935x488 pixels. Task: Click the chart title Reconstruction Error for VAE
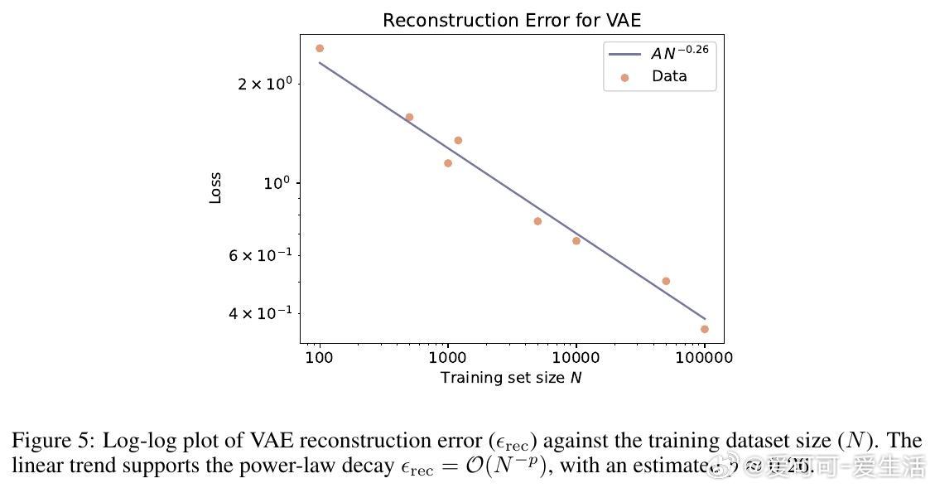coord(512,21)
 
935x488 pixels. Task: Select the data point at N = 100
coord(320,49)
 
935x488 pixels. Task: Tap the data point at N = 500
coord(409,118)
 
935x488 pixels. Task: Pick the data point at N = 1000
coord(448,163)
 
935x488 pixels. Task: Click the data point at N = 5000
coord(537,221)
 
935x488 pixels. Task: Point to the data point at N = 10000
coord(576,241)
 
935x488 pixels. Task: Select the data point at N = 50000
coord(666,282)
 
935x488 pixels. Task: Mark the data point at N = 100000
coord(705,329)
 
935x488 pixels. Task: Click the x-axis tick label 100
coord(320,358)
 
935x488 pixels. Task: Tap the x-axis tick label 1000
coord(448,358)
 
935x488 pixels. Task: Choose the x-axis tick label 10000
coord(576,358)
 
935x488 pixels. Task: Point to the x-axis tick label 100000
coord(704,358)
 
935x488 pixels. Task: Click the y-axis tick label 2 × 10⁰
coord(265,84)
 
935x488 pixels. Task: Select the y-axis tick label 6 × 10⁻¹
coord(260,255)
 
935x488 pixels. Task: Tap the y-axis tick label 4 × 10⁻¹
coord(260,313)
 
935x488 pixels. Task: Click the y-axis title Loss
coord(216,188)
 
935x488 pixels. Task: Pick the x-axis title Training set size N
coord(512,378)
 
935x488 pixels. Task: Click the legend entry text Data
coord(669,76)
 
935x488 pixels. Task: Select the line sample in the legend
coord(625,54)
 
